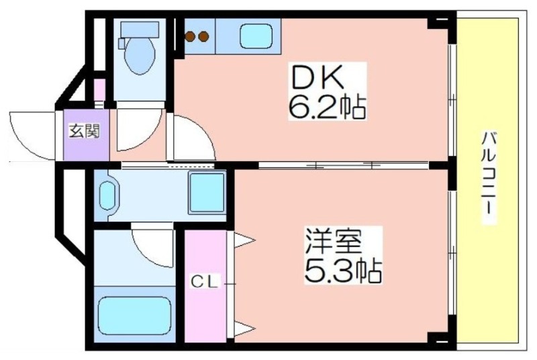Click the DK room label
[317, 77]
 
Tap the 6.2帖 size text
[328, 107]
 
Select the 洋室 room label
[334, 242]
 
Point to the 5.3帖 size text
[343, 271]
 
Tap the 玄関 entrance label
[85, 131]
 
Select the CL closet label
[205, 282]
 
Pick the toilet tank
[140, 29]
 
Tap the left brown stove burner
[191, 36]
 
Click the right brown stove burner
[203, 36]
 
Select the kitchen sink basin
[256, 36]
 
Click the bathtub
[135, 314]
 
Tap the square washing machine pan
[207, 193]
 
